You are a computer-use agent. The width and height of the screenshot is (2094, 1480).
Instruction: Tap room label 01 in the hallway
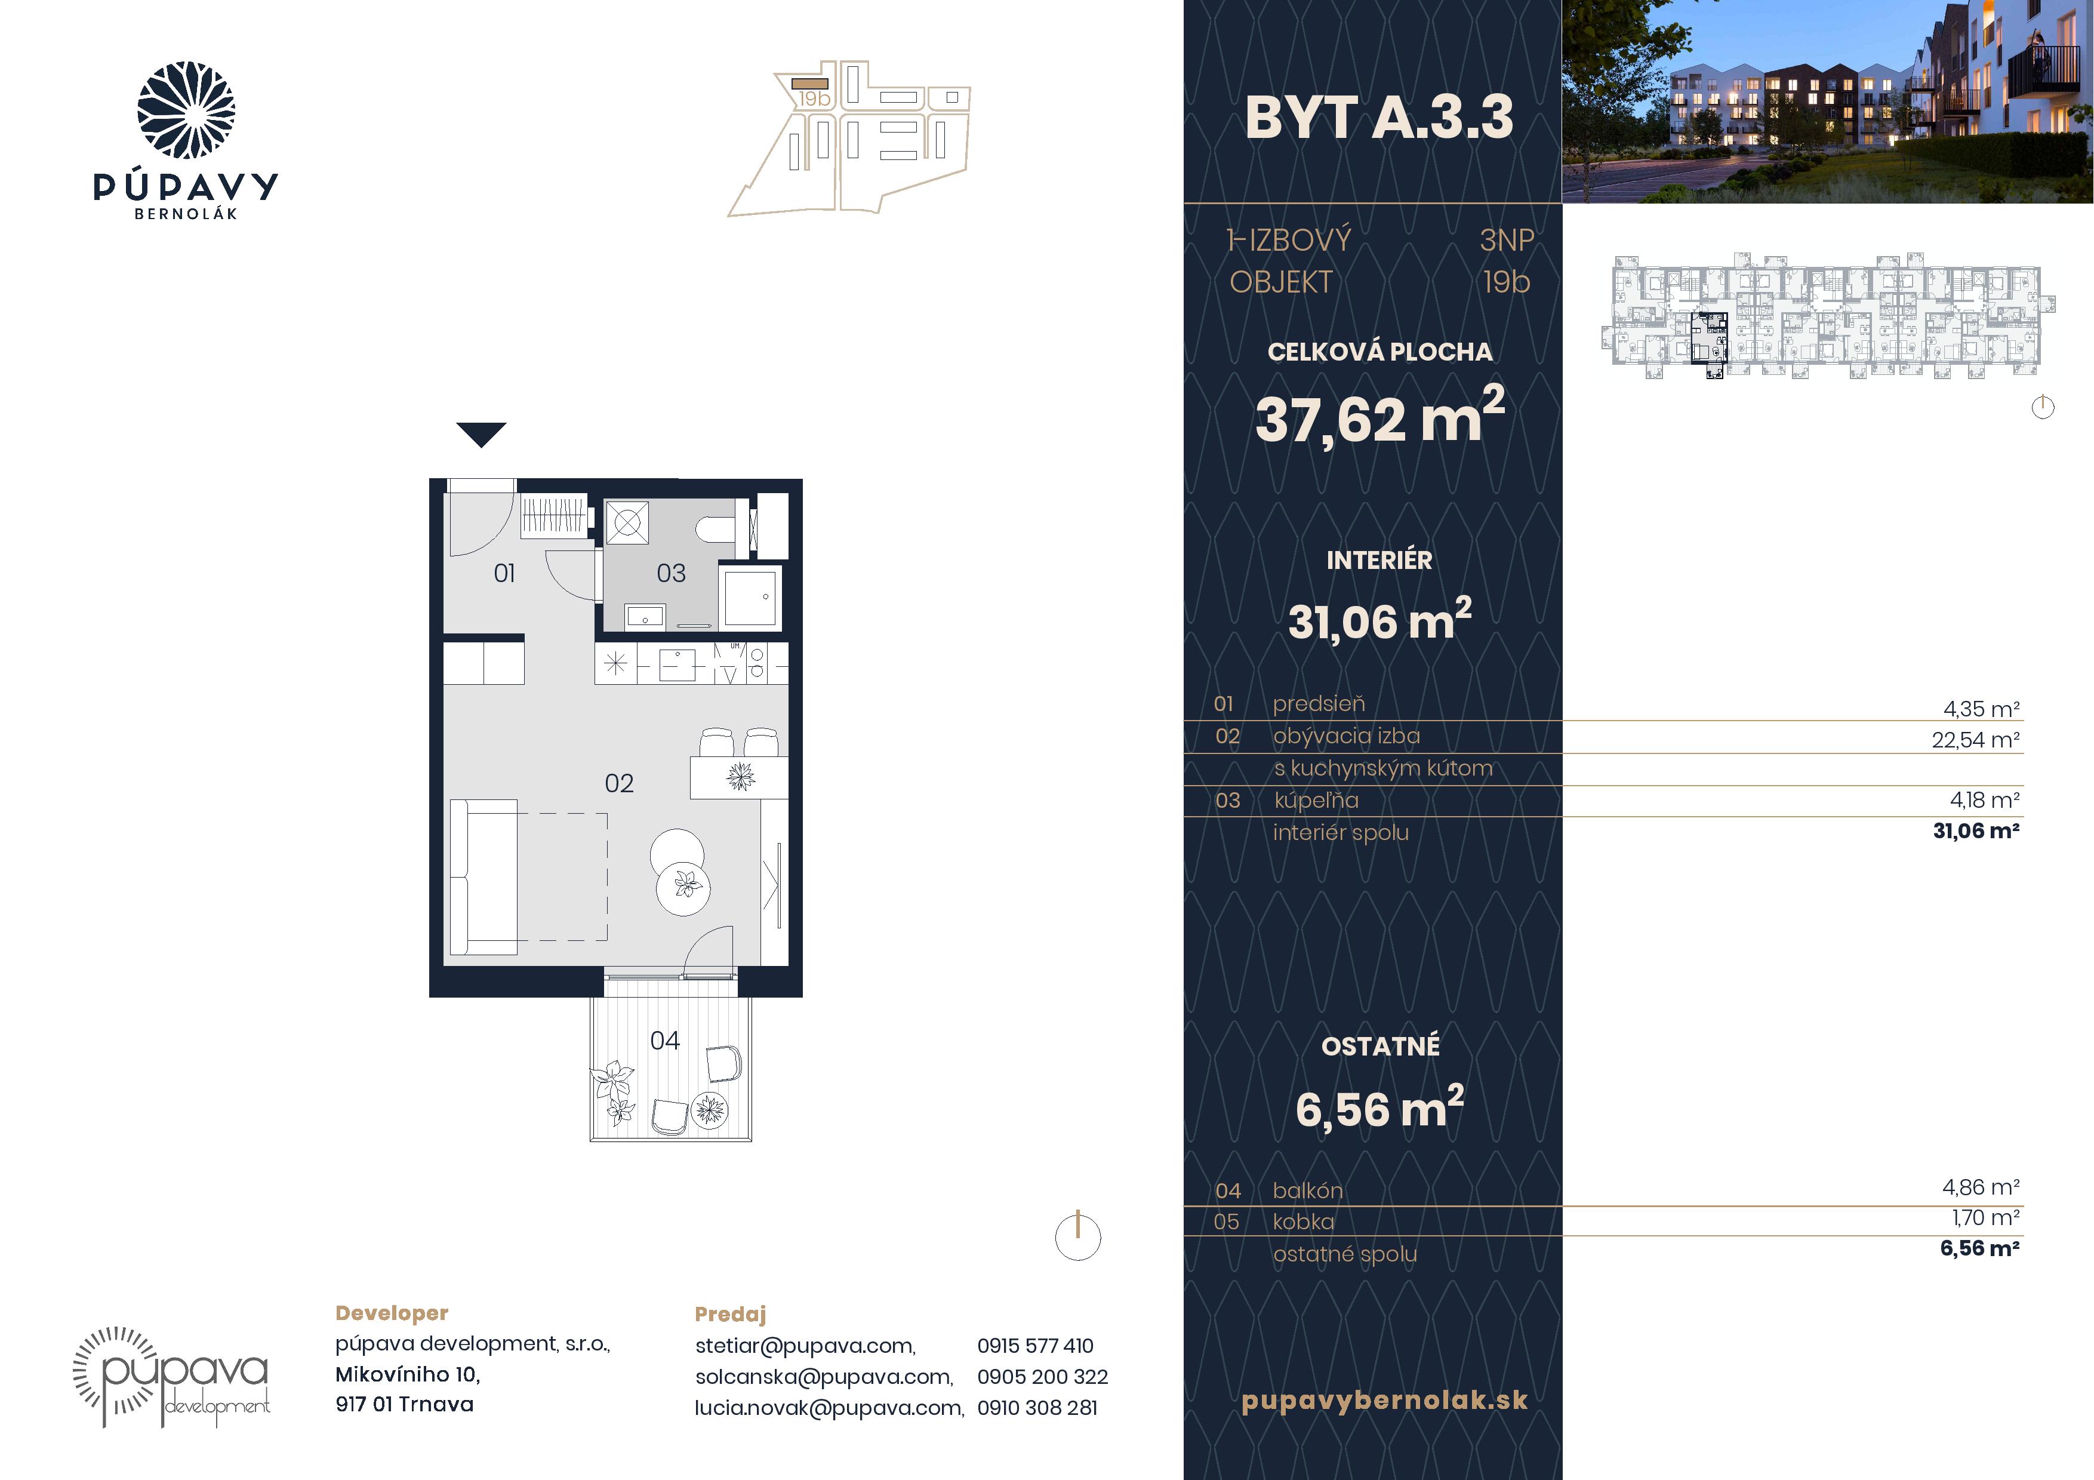click(x=504, y=574)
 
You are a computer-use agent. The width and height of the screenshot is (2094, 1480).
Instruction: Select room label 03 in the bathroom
click(x=672, y=574)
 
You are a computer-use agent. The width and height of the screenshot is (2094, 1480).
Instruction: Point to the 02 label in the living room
click(x=619, y=783)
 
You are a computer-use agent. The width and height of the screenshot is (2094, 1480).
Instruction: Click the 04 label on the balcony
click(x=665, y=1041)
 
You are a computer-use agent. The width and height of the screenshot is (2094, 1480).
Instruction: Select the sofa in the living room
click(x=484, y=876)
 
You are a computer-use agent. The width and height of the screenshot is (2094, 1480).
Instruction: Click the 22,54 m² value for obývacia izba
click(x=1975, y=740)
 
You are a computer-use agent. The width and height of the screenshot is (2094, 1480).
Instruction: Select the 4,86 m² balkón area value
click(x=1981, y=1187)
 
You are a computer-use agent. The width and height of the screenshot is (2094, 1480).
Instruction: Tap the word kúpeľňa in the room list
click(x=1316, y=801)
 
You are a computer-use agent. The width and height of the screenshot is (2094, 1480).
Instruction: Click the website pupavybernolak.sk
click(x=1384, y=1401)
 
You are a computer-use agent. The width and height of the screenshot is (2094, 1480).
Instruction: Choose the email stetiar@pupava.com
click(x=805, y=1346)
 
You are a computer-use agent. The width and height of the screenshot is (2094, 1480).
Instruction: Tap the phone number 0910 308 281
click(x=1037, y=1408)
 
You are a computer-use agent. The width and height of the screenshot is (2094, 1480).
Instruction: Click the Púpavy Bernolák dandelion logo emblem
click(x=186, y=110)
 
